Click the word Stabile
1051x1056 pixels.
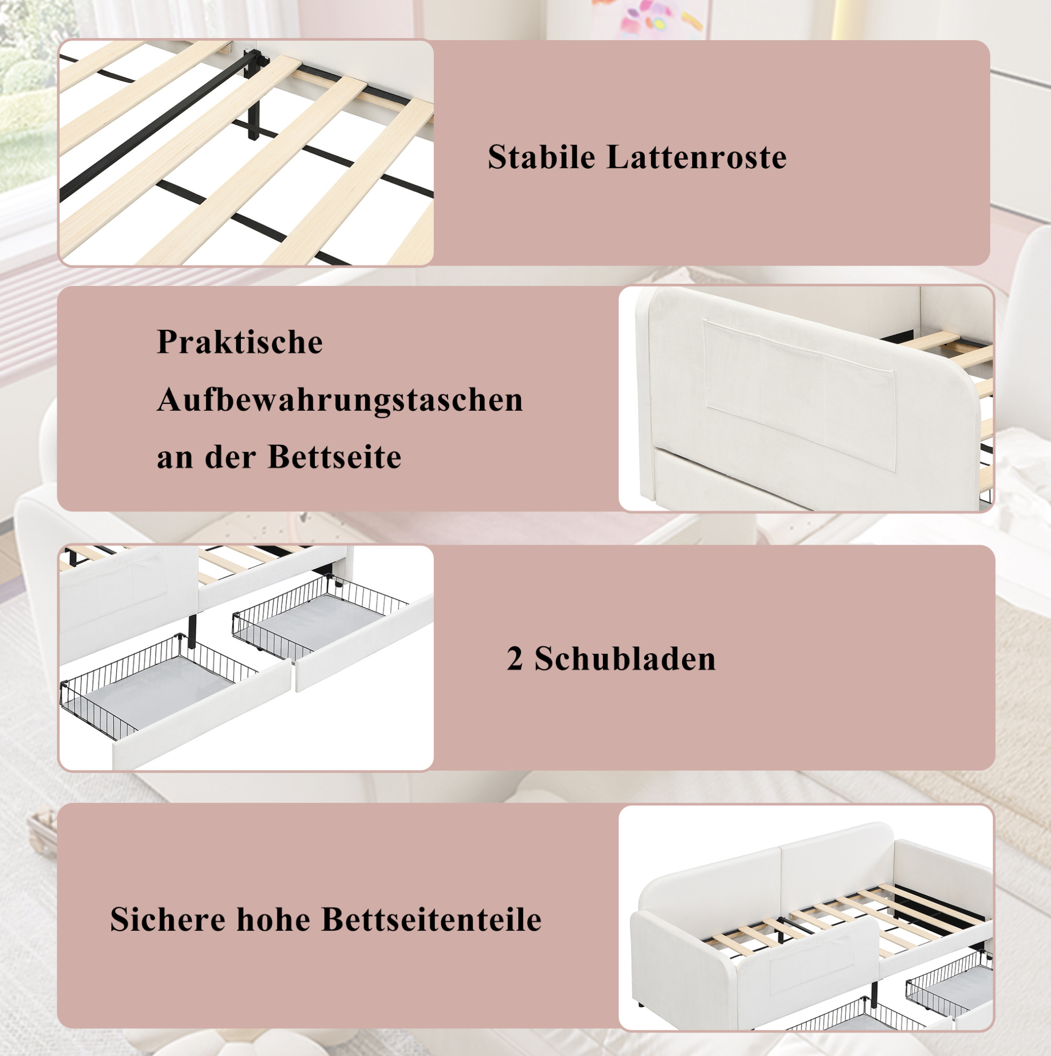click(x=542, y=157)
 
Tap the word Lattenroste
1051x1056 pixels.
click(x=697, y=157)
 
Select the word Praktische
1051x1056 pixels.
click(x=239, y=342)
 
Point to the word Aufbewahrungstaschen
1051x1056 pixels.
click(x=340, y=399)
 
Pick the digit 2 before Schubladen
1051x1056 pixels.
click(x=515, y=659)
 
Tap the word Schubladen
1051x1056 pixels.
click(x=625, y=659)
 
